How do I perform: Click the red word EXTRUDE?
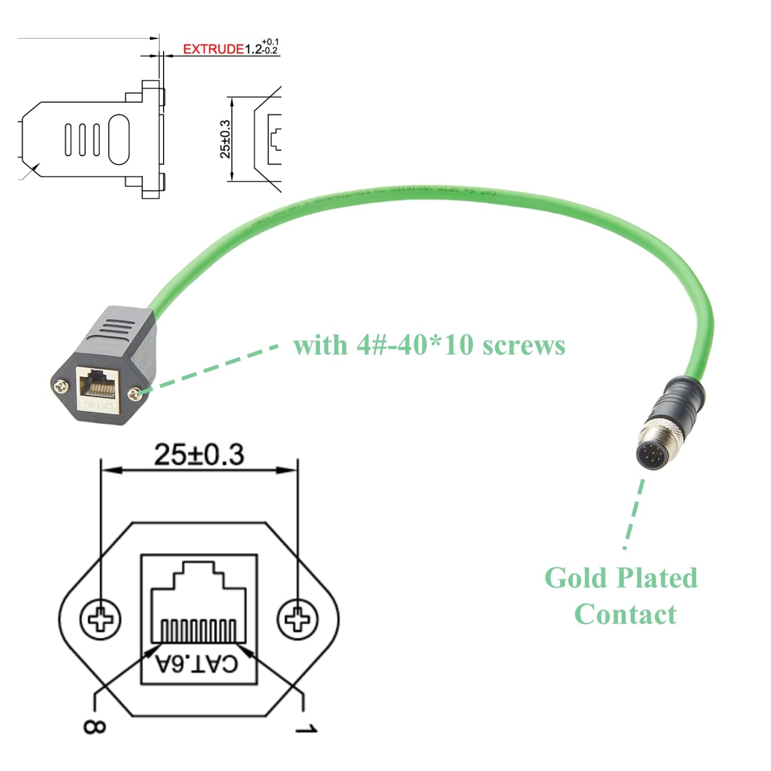[213, 49]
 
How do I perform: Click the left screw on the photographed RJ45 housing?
[60, 388]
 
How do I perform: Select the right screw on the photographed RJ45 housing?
[133, 393]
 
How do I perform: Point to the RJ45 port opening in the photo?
[97, 384]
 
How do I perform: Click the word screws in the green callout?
[524, 346]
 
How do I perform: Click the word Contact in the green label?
[625, 615]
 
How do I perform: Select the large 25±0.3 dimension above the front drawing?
[199, 455]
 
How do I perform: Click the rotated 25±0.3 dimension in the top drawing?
[225, 139]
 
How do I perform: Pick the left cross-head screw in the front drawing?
[100, 619]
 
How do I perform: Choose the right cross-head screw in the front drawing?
[297, 619]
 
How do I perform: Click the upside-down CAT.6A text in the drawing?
[197, 664]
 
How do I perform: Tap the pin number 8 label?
[94, 726]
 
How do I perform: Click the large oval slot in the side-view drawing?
[119, 139]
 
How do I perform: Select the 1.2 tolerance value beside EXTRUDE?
[262, 48]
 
